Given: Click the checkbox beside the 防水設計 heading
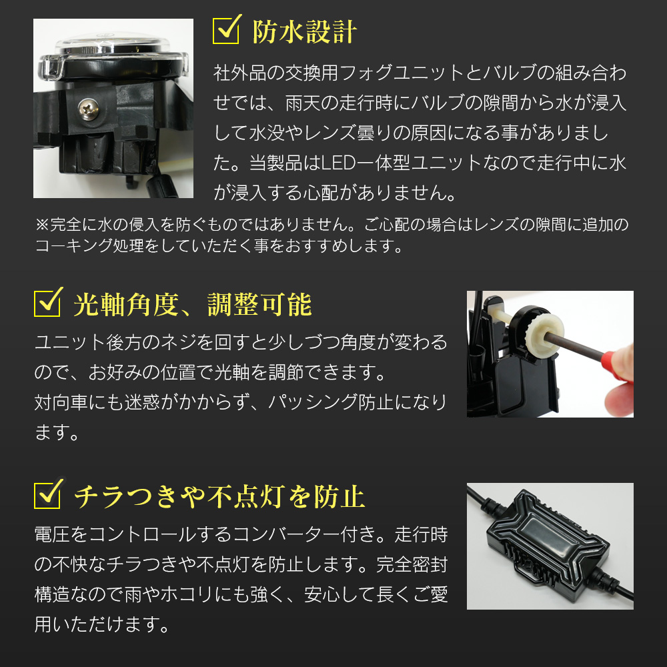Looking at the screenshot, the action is click(226, 31).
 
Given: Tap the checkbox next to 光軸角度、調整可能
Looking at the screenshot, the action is click(47, 303).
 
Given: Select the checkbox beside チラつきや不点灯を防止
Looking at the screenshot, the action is click(47, 494).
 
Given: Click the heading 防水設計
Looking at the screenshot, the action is click(305, 32).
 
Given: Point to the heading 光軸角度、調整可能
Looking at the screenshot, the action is click(193, 305).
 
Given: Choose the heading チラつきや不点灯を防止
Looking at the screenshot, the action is click(219, 496).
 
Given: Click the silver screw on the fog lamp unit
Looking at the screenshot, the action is click(89, 109).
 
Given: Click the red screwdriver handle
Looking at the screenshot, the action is click(618, 365).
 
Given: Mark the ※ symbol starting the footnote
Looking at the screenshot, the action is click(43, 225).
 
